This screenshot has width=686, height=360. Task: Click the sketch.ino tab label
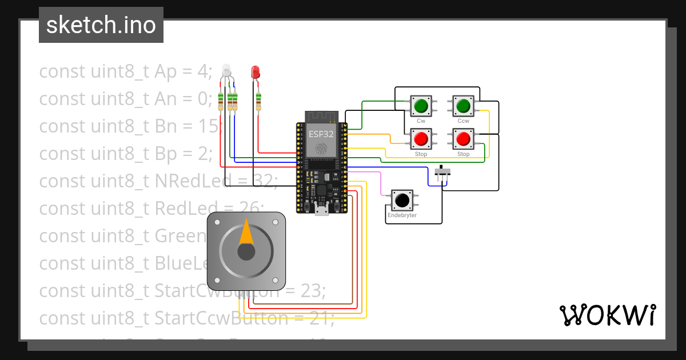pos(101,25)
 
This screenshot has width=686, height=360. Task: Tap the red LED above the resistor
pos(256,72)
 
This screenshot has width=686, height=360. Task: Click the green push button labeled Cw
pos(421,106)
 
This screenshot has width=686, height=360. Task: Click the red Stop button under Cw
pos(421,139)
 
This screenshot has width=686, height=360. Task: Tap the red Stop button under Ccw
pos(463,139)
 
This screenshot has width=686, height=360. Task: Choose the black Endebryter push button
pos(402,201)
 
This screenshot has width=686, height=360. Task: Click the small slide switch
pos(442,171)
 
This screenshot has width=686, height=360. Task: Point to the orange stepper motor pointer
pos(246,231)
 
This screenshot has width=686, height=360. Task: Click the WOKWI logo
pos(607,315)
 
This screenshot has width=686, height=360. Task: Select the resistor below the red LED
pos(259,102)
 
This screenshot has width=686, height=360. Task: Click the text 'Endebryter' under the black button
pos(402,215)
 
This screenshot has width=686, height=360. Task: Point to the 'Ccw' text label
pos(463,121)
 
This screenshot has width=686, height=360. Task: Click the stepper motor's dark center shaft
pos(246,252)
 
